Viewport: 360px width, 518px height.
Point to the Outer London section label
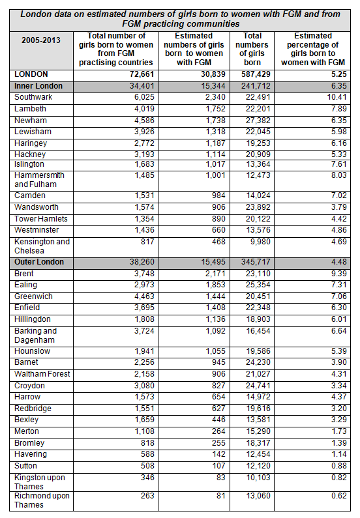39,262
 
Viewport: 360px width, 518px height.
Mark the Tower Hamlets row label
41,218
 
